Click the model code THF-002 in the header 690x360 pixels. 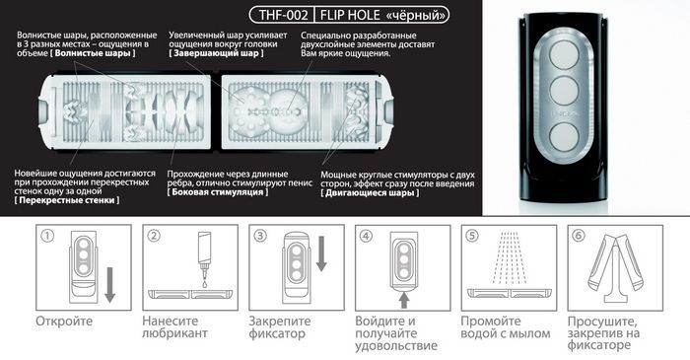pos(283,15)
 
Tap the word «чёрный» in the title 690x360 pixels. pos(416,15)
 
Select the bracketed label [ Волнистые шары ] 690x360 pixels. pos(93,53)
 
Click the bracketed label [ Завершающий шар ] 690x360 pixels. pos(216,53)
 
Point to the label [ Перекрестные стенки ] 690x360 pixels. pos(66,200)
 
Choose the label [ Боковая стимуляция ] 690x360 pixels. pos(218,192)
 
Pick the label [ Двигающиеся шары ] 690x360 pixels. pos(370,192)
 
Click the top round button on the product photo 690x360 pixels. pos(564,54)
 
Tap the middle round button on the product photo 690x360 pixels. pos(564,90)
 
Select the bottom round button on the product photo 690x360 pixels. pos(564,136)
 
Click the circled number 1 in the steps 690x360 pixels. pos(47,236)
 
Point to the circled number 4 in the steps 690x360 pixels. pos(366,236)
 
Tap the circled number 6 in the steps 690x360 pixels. pos(579,236)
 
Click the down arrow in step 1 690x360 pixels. pos(110,285)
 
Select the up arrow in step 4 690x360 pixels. pos(404,301)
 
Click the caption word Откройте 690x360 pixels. pos(64,321)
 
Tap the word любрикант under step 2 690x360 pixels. pos(174,333)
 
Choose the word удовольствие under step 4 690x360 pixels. pos(396,345)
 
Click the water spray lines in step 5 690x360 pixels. pos(509,257)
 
